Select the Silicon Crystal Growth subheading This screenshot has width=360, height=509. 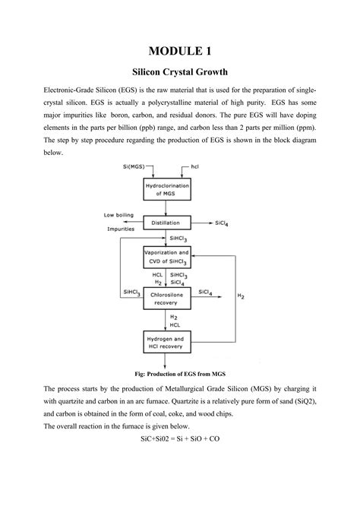click(180, 74)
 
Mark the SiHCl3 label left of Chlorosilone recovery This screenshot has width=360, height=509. click(131, 292)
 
